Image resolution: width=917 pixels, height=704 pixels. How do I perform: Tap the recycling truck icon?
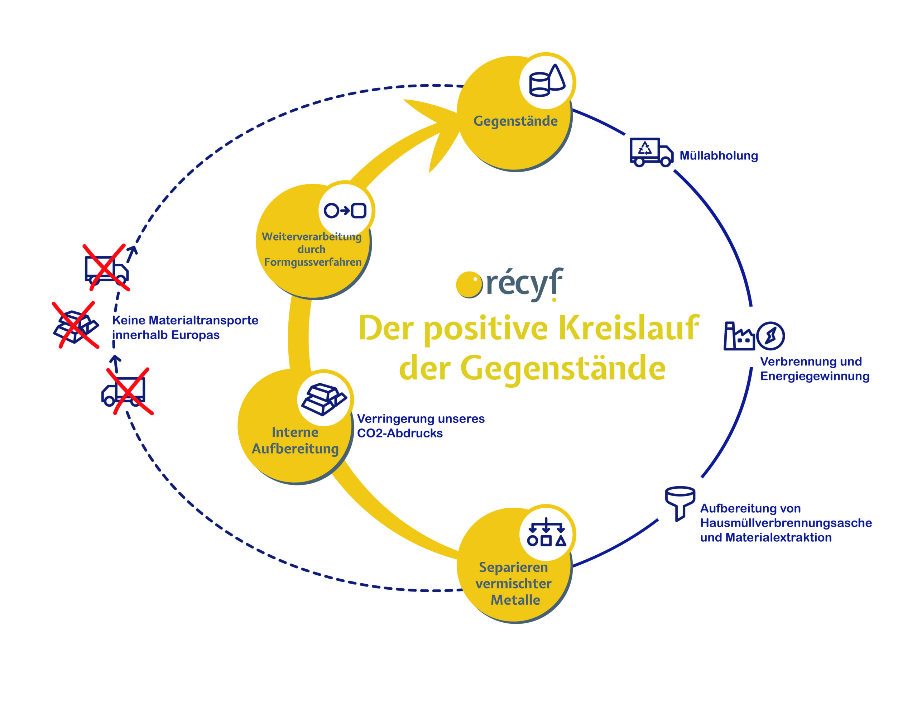pos(650,152)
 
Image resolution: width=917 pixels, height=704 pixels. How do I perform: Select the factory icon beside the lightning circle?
pos(739,336)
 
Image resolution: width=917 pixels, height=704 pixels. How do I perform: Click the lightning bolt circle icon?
pos(770,336)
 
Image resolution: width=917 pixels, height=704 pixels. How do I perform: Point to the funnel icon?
pos(680,503)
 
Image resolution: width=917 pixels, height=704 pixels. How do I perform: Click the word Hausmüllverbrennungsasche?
pos(786,523)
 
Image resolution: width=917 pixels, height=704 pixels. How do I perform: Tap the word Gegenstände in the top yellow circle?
pos(515,121)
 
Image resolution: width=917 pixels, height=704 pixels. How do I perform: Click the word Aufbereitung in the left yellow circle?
pos(295,449)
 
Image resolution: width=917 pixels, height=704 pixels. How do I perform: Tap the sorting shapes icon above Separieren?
pos(546,532)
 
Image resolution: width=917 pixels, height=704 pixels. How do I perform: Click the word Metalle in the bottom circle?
pos(515,600)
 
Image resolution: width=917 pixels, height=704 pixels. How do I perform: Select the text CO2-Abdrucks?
pos(399,433)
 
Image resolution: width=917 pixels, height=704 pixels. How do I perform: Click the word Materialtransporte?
pos(203,320)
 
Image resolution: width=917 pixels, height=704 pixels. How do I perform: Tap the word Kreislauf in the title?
pos(628,328)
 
